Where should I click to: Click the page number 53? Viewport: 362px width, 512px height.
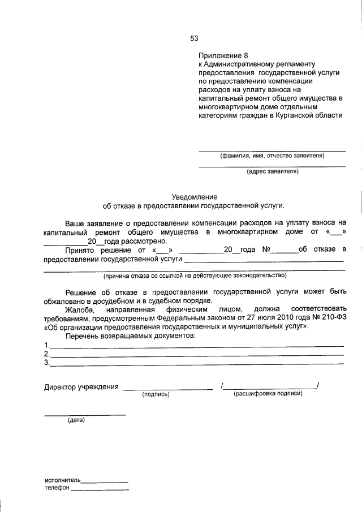pyautogui.click(x=194, y=38)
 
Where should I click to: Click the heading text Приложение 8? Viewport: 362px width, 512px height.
pyautogui.click(x=223, y=55)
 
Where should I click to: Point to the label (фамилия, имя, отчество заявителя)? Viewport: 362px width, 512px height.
pyautogui.click(x=272, y=156)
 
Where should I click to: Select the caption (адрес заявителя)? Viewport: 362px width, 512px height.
pyautogui.click(x=273, y=171)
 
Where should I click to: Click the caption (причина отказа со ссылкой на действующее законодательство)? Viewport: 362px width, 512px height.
pyautogui.click(x=194, y=276)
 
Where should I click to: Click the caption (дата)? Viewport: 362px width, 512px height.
pyautogui.click(x=76, y=421)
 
